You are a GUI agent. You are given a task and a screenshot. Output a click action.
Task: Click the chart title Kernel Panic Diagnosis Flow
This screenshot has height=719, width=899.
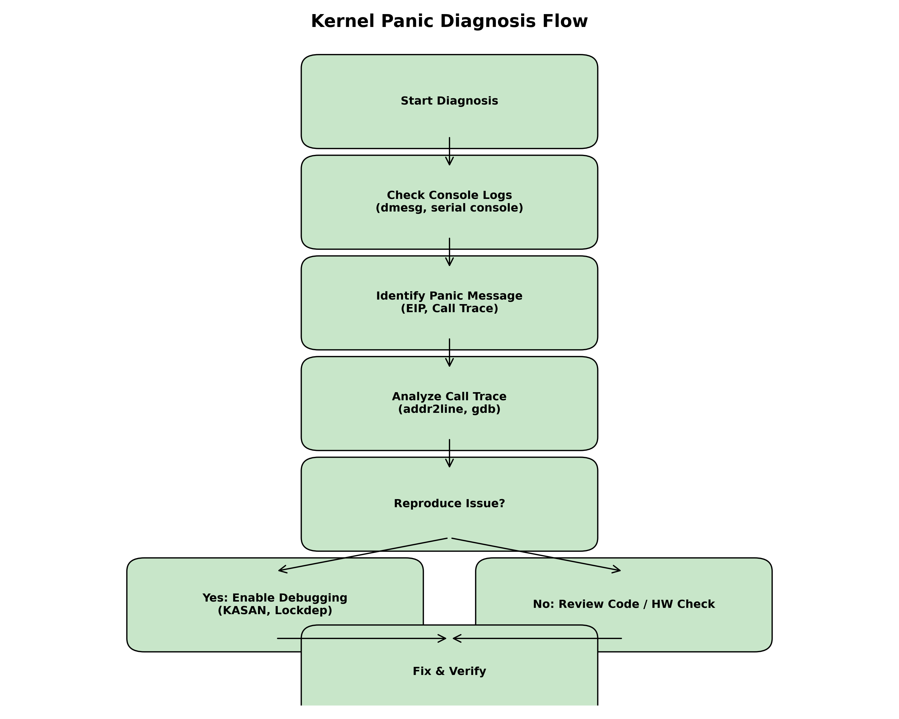click(449, 21)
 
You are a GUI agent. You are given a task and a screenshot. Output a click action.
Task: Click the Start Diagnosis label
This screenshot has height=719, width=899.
click(449, 101)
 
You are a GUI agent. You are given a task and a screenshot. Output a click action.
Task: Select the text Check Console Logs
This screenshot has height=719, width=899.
click(449, 195)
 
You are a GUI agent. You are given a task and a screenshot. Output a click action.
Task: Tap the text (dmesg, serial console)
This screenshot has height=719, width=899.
click(449, 208)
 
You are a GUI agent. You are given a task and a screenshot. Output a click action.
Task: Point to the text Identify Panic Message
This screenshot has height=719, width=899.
click(449, 296)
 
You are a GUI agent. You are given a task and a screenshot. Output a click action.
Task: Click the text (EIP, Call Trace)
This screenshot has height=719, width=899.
click(449, 309)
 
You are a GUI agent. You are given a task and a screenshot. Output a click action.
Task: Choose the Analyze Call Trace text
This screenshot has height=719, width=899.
click(449, 396)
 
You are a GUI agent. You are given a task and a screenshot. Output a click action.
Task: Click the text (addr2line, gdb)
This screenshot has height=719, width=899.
click(449, 409)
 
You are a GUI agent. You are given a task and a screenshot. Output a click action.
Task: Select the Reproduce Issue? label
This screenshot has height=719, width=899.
click(449, 504)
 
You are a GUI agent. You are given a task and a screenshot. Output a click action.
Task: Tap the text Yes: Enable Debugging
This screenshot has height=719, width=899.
click(275, 598)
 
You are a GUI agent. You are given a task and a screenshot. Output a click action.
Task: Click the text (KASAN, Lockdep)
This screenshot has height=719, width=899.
click(275, 610)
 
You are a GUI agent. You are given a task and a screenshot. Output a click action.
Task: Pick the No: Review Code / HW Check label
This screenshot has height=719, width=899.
click(624, 604)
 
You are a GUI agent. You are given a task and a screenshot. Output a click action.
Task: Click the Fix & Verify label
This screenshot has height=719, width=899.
click(449, 671)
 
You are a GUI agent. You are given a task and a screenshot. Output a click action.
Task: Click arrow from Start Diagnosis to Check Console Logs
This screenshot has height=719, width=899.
click(449, 151)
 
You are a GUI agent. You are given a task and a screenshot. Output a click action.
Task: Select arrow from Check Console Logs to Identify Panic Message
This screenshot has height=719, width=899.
click(449, 252)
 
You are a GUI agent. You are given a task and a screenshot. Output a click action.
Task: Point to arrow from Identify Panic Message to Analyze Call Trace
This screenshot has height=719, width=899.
click(449, 353)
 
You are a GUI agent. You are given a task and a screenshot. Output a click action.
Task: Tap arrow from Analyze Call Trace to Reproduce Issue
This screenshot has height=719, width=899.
click(449, 453)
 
